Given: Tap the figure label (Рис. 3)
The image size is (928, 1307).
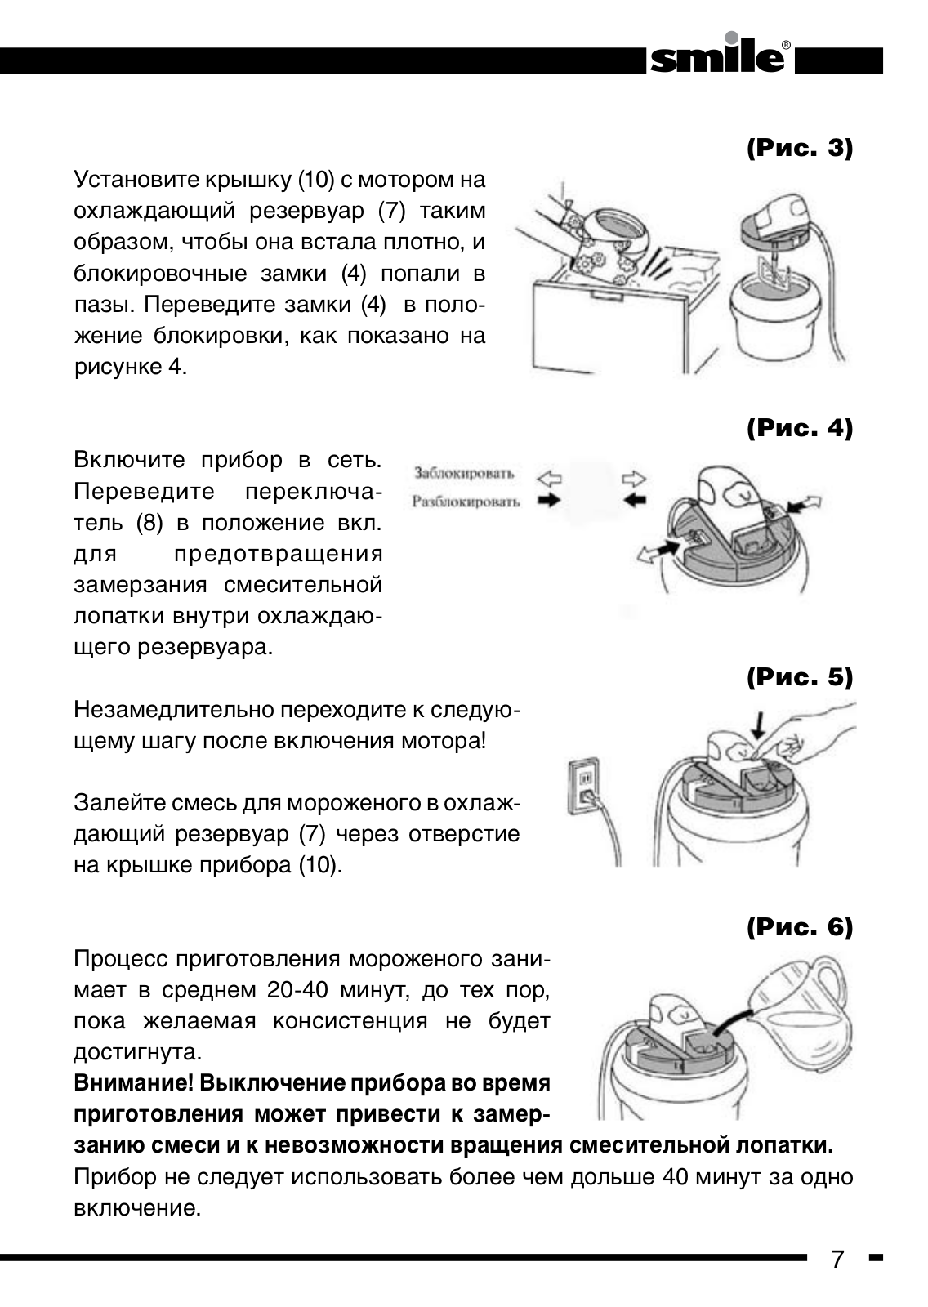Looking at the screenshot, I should coord(800,149).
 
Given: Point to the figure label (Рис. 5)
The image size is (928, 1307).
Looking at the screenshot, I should coord(800,677).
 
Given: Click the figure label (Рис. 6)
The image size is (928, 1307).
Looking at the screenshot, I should coord(800,927).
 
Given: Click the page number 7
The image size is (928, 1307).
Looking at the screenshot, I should coord(837,1259).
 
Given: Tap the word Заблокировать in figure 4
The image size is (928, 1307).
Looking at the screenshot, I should coord(464,473).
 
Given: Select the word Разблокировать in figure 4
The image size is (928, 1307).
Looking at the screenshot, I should coord(466,502).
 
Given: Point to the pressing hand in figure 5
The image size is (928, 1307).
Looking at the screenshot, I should coord(805,735).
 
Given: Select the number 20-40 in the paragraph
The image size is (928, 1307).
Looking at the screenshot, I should coord(298,990).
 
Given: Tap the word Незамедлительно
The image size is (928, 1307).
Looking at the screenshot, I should coord(174,709).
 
